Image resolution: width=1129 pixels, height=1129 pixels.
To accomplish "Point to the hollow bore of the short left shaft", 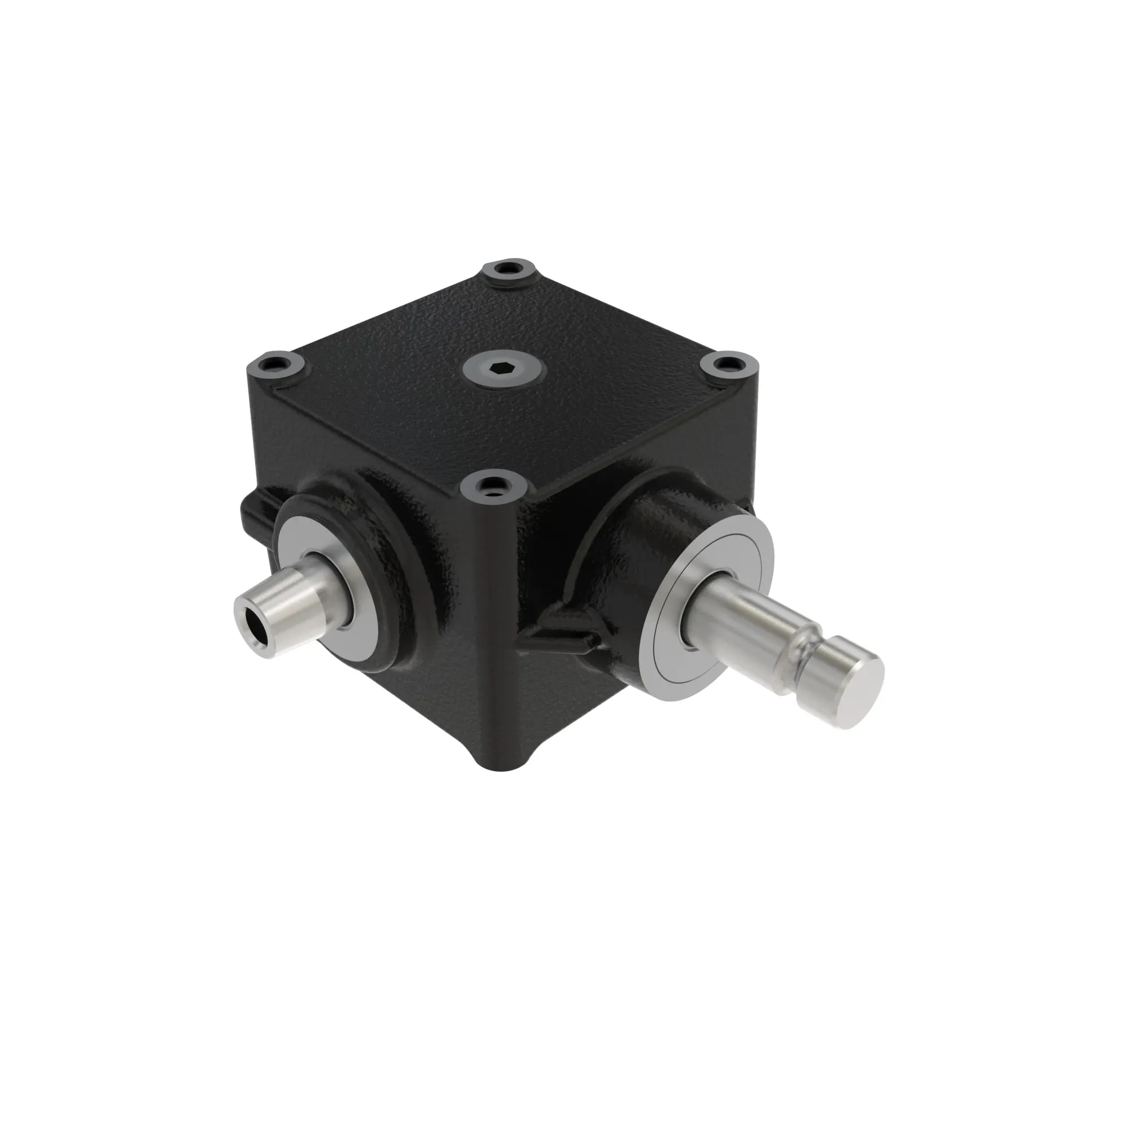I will coord(253,625).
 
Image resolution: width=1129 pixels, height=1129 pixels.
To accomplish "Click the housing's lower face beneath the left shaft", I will coord(432,701).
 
